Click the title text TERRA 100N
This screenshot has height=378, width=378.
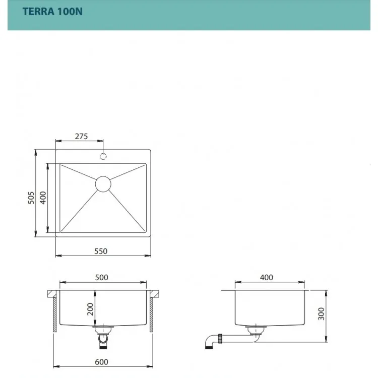[x=52, y=12]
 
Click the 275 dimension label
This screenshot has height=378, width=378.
[x=81, y=137]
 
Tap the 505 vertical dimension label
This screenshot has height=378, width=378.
[x=31, y=198]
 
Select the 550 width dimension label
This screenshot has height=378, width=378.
[x=101, y=251]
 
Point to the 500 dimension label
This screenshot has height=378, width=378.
[x=101, y=278]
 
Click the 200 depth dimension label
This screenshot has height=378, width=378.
[x=90, y=309]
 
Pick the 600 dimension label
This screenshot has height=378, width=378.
[x=101, y=362]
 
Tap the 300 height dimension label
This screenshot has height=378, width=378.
[x=321, y=313]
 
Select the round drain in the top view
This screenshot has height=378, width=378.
[x=103, y=184]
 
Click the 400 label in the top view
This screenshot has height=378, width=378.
[x=43, y=198]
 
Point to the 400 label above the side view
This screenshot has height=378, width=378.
[x=267, y=278]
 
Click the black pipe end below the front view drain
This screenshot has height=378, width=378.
[x=103, y=347]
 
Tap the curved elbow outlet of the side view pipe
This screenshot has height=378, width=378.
[x=209, y=341]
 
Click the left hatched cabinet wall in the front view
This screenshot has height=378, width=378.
[x=55, y=314]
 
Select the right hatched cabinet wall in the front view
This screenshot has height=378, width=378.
[x=151, y=314]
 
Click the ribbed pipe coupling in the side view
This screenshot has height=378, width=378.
[x=220, y=338]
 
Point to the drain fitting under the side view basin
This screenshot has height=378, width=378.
[x=256, y=331]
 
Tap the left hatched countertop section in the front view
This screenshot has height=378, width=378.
[x=52, y=294]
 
